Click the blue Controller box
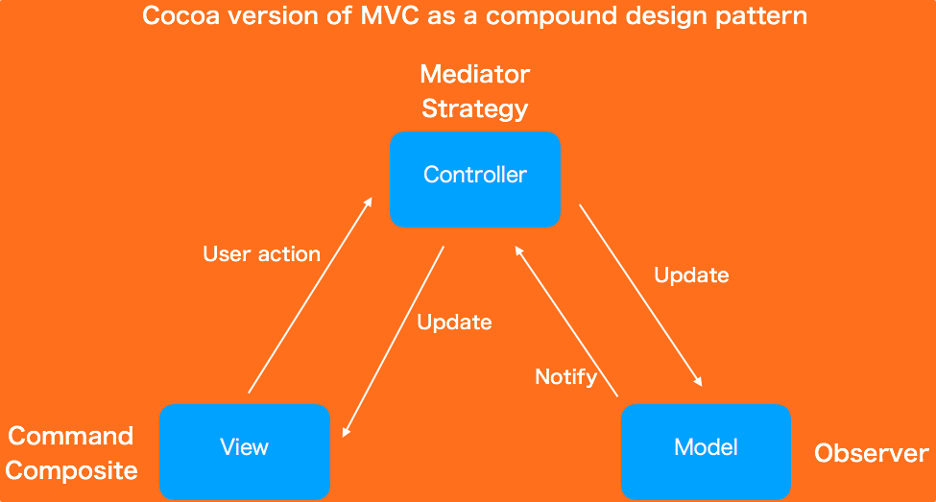click(x=474, y=179)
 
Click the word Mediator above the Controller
click(x=475, y=74)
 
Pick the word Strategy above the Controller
click(x=475, y=108)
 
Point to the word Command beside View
click(x=70, y=436)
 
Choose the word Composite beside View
click(x=71, y=470)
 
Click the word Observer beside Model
click(x=872, y=453)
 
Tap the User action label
click(x=261, y=254)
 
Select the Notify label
click(x=565, y=377)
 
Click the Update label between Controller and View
click(x=454, y=323)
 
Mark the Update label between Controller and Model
click(x=691, y=275)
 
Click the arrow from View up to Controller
click(x=309, y=295)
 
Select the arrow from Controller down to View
click(x=394, y=342)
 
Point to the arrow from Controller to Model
click(x=640, y=294)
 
